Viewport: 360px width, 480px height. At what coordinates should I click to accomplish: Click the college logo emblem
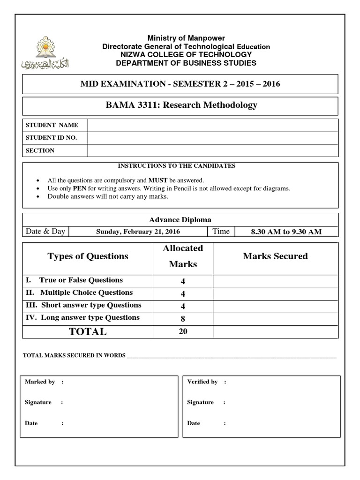(45, 52)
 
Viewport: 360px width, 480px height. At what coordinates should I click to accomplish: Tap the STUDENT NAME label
(52, 125)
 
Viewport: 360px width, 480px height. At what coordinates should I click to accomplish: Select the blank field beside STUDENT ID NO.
(212, 138)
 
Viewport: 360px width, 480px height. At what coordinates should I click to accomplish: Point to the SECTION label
(40, 150)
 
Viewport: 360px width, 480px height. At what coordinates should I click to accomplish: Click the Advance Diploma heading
(180, 219)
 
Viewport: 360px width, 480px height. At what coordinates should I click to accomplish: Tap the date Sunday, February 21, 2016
(138, 232)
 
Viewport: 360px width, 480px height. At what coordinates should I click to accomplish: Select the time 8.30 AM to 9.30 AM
(286, 232)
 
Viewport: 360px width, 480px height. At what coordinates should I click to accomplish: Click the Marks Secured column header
(275, 256)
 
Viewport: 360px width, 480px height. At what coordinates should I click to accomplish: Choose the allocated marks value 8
(183, 319)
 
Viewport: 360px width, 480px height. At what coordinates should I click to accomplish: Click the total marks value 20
(183, 331)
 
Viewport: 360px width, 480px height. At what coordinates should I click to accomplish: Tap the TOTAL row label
(88, 331)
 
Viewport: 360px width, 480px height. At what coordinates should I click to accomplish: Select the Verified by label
(202, 382)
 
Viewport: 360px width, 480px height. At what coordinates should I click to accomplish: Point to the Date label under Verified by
(194, 423)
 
